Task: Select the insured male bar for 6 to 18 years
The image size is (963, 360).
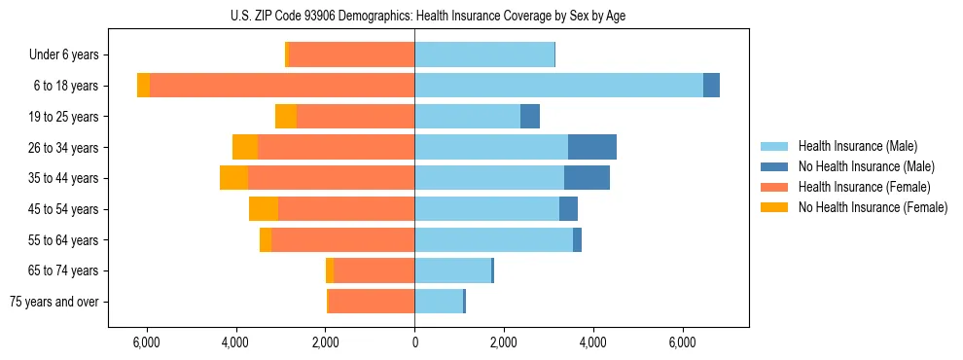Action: (558, 86)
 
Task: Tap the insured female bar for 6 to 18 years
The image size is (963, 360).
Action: (282, 86)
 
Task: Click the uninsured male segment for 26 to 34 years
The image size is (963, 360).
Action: (591, 147)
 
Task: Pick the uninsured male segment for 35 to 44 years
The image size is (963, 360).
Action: (587, 178)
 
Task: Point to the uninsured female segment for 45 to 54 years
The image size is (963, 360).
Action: (264, 209)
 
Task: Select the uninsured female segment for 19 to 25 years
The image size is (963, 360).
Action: (286, 117)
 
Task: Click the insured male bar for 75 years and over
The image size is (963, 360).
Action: (439, 302)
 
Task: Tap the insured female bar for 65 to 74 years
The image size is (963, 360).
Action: (374, 270)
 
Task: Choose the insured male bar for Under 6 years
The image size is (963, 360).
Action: (484, 54)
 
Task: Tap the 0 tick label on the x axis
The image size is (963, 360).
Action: (414, 342)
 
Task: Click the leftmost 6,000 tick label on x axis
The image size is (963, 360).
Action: (146, 342)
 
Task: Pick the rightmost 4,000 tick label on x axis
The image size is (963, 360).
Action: (593, 342)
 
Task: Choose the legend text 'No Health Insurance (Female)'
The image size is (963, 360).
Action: (872, 207)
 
